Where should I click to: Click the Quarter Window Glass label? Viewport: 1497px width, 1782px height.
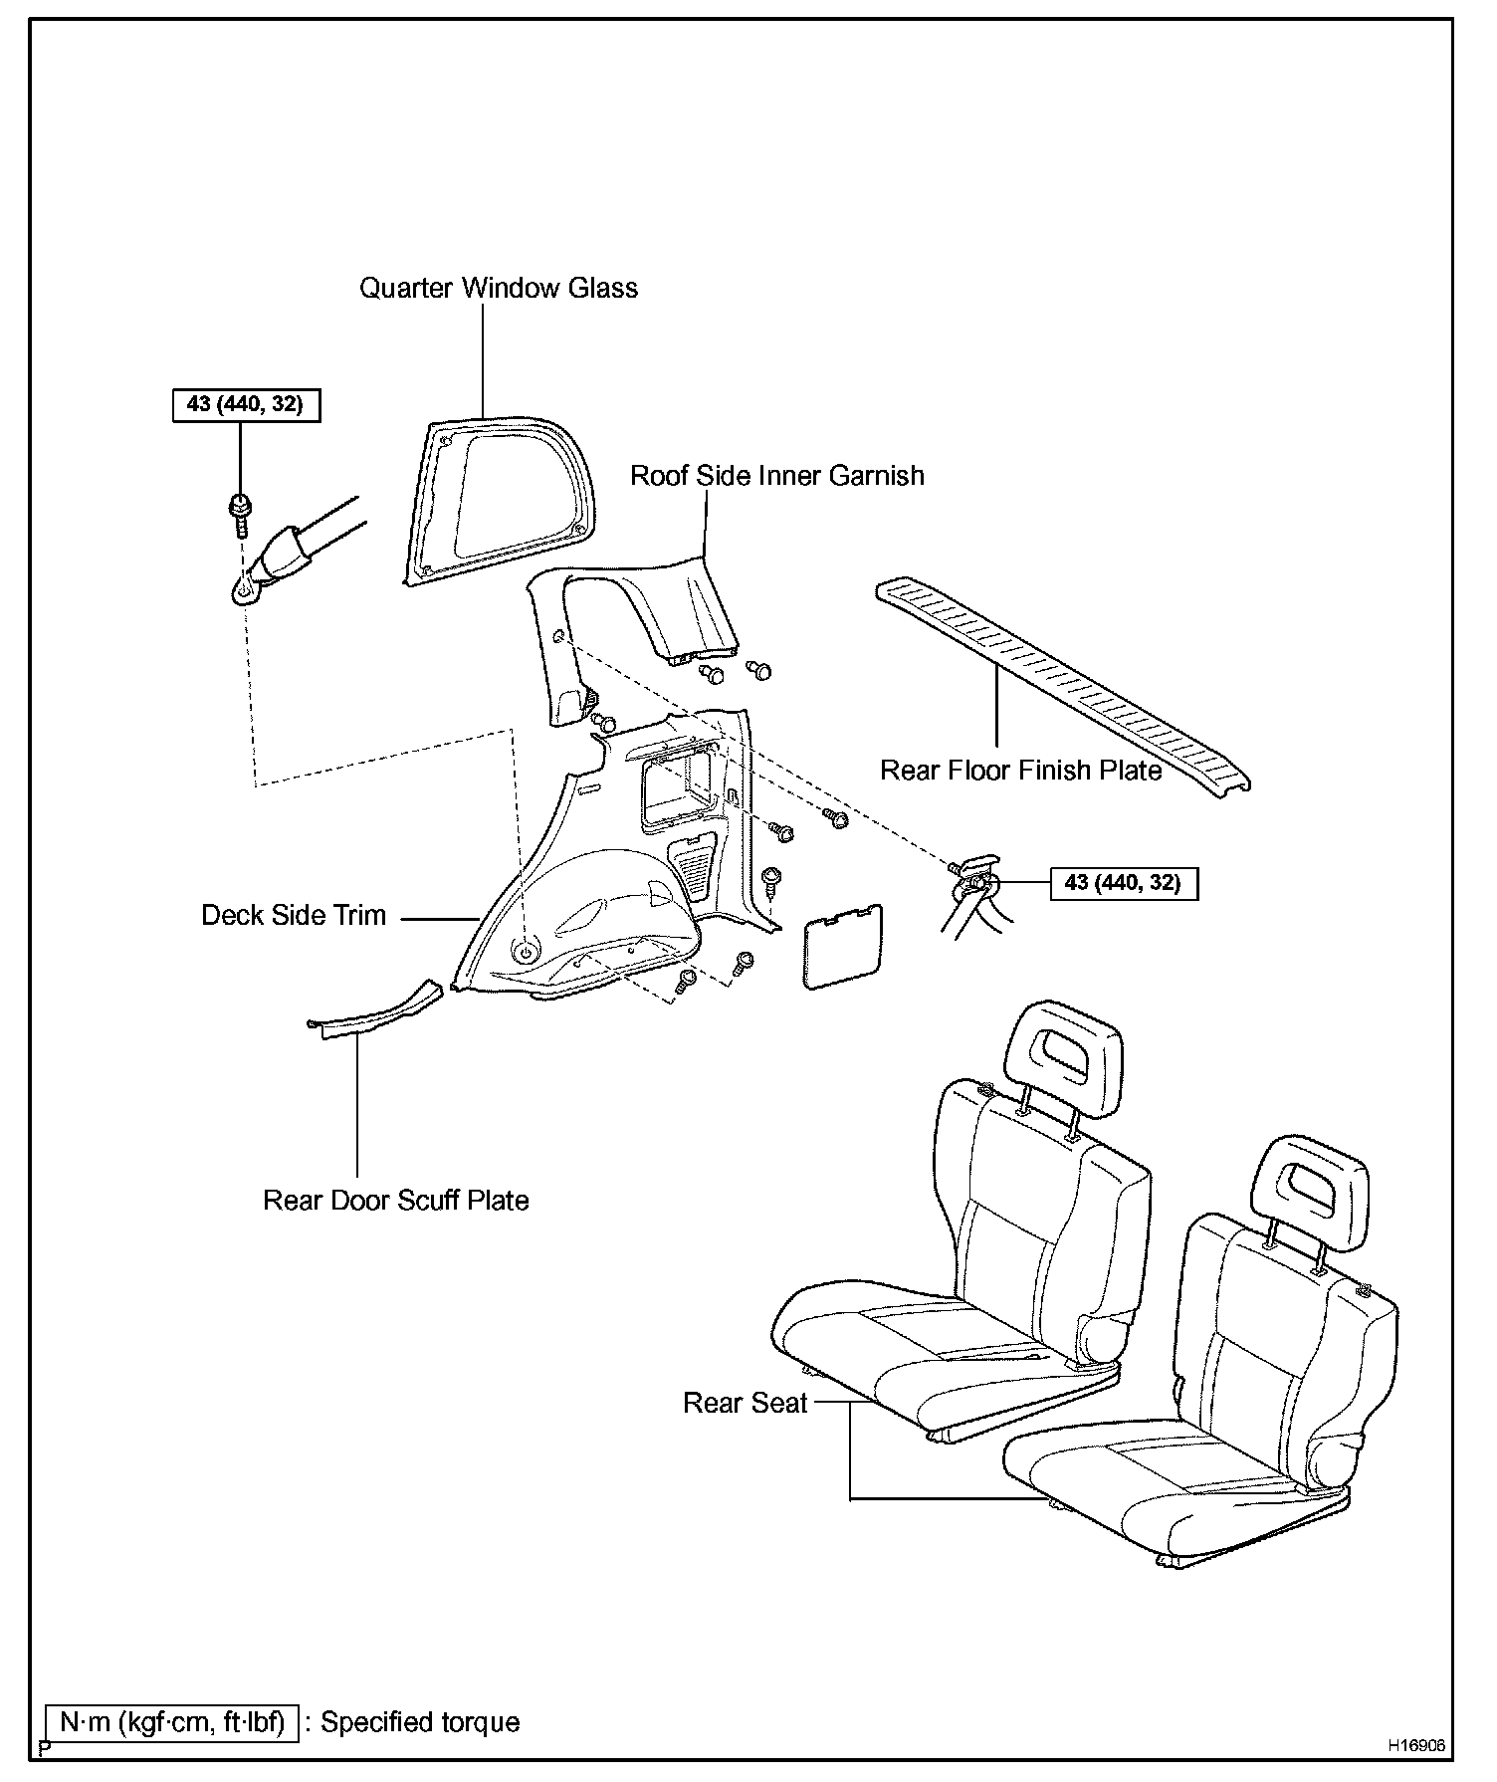tap(498, 289)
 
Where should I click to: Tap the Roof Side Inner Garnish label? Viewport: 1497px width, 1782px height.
tap(776, 476)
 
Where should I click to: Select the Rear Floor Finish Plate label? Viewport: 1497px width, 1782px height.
tap(1020, 771)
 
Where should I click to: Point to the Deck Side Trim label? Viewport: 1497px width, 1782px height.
tap(294, 916)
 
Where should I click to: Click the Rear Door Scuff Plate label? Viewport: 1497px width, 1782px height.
tap(395, 1201)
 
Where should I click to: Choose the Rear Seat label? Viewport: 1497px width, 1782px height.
tap(745, 1403)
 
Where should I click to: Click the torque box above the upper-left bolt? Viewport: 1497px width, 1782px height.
tap(246, 405)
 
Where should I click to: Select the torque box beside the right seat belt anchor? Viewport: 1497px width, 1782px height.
tap(1123, 883)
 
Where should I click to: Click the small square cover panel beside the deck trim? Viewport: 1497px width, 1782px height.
tap(842, 946)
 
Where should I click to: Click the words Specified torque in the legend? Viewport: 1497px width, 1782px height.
tap(419, 1722)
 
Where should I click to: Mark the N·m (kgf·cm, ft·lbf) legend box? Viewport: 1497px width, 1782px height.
tap(172, 1722)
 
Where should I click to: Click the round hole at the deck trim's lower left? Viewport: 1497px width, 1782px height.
tap(525, 952)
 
